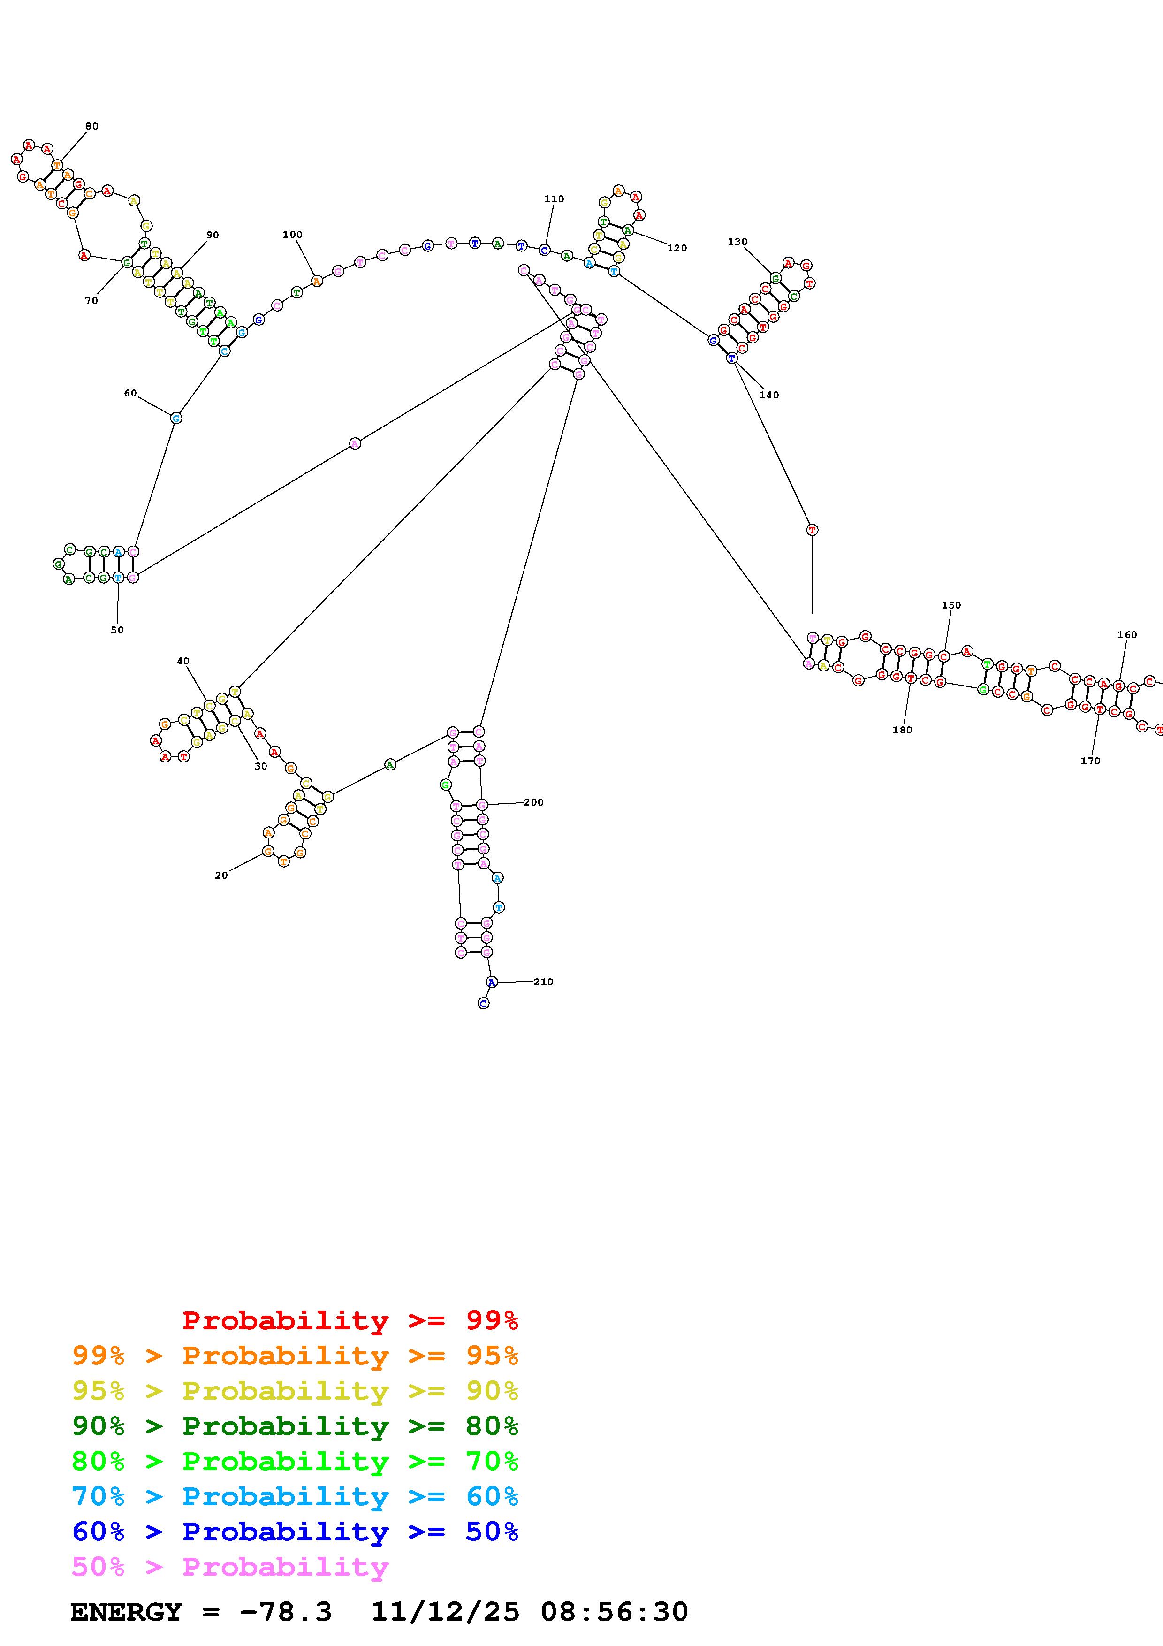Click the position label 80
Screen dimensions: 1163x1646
click(92, 126)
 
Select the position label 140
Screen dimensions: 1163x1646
click(769, 395)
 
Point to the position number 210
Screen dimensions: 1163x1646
click(543, 982)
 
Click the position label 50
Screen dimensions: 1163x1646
click(117, 630)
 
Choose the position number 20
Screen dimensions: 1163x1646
click(221, 876)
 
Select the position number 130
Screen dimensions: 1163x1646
click(737, 242)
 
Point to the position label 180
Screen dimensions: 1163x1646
click(902, 730)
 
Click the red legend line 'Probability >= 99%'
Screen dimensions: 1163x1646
click(350, 1320)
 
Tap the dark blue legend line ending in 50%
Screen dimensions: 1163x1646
click(295, 1532)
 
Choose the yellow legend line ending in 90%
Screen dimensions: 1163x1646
click(295, 1391)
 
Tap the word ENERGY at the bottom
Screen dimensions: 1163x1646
click(126, 1612)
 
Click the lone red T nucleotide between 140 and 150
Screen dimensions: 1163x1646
click(812, 530)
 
